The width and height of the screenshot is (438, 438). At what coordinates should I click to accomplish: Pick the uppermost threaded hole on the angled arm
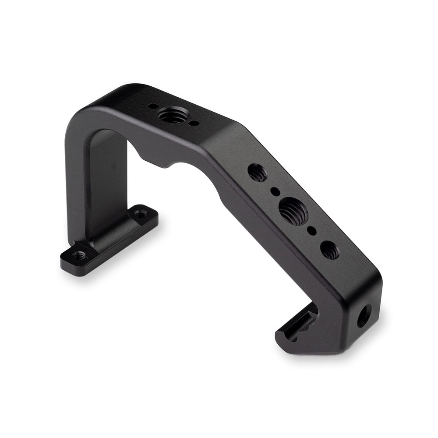257,171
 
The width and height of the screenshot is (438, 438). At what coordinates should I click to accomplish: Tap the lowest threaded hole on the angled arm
329,250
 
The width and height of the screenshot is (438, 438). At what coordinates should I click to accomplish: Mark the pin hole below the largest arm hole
312,230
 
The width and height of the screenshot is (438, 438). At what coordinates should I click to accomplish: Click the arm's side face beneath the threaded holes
280,245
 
